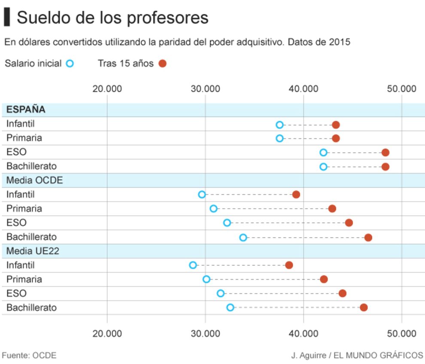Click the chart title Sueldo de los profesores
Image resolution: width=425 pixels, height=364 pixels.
pyautogui.click(x=112, y=18)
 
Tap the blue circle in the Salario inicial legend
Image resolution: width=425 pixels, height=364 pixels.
pyautogui.click(x=70, y=63)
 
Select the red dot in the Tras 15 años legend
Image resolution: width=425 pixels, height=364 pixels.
pyautogui.click(x=162, y=63)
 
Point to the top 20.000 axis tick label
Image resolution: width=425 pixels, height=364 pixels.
pyautogui.click(x=107, y=89)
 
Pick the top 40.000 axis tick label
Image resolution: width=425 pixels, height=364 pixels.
pyautogui.click(x=303, y=89)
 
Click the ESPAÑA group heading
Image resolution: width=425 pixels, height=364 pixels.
pyautogui.click(x=26, y=109)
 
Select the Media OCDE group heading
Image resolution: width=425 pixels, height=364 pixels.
pyautogui.click(x=34, y=180)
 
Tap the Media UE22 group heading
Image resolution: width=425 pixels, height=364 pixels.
pyautogui.click(x=33, y=251)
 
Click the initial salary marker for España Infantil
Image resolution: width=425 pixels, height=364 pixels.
pyautogui.click(x=279, y=125)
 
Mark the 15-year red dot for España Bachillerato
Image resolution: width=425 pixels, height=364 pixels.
pyautogui.click(x=385, y=166)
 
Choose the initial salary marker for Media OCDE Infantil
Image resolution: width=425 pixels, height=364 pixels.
pyautogui.click(x=202, y=194)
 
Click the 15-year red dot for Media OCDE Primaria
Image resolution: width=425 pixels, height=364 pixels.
pyautogui.click(x=332, y=208)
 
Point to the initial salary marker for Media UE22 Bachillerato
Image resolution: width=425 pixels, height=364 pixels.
pyautogui.click(x=230, y=307)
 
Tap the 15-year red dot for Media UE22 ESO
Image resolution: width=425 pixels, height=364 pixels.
pyautogui.click(x=342, y=293)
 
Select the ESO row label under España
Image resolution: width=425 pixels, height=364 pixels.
pyautogui.click(x=16, y=152)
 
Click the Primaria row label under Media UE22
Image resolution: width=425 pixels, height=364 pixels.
pyautogui.click(x=24, y=279)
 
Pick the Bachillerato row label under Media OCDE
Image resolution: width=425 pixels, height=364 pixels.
pyautogui.click(x=31, y=237)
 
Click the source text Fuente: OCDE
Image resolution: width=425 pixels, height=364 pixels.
pyautogui.click(x=29, y=355)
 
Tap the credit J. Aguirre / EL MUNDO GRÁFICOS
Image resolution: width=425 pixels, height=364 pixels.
pyautogui.click(x=357, y=355)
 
